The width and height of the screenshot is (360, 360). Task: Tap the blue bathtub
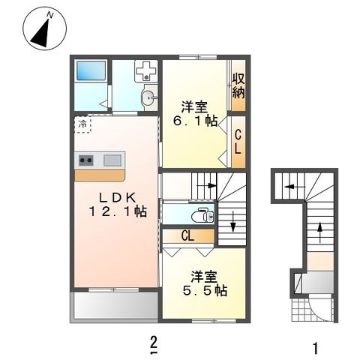[91, 70]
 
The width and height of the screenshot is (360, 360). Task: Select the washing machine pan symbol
[146, 71]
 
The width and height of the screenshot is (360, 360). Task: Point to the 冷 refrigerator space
[82, 124]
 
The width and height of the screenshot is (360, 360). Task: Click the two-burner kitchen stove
[86, 160]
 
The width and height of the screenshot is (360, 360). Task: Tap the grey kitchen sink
[112, 160]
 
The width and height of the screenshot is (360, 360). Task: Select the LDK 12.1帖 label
[118, 205]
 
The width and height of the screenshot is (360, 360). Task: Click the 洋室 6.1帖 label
[195, 114]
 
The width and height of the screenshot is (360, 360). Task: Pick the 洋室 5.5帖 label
[205, 283]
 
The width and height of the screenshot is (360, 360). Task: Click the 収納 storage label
[238, 85]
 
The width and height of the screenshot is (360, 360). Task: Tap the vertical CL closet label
[238, 142]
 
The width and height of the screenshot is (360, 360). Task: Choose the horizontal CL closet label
[187, 235]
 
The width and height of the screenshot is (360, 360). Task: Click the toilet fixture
[203, 215]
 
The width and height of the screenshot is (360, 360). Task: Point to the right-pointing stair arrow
[207, 185]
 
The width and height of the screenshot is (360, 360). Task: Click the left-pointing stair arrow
[295, 187]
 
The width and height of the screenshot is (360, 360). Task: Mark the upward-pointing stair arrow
[320, 232]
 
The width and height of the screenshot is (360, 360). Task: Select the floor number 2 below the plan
[154, 344]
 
